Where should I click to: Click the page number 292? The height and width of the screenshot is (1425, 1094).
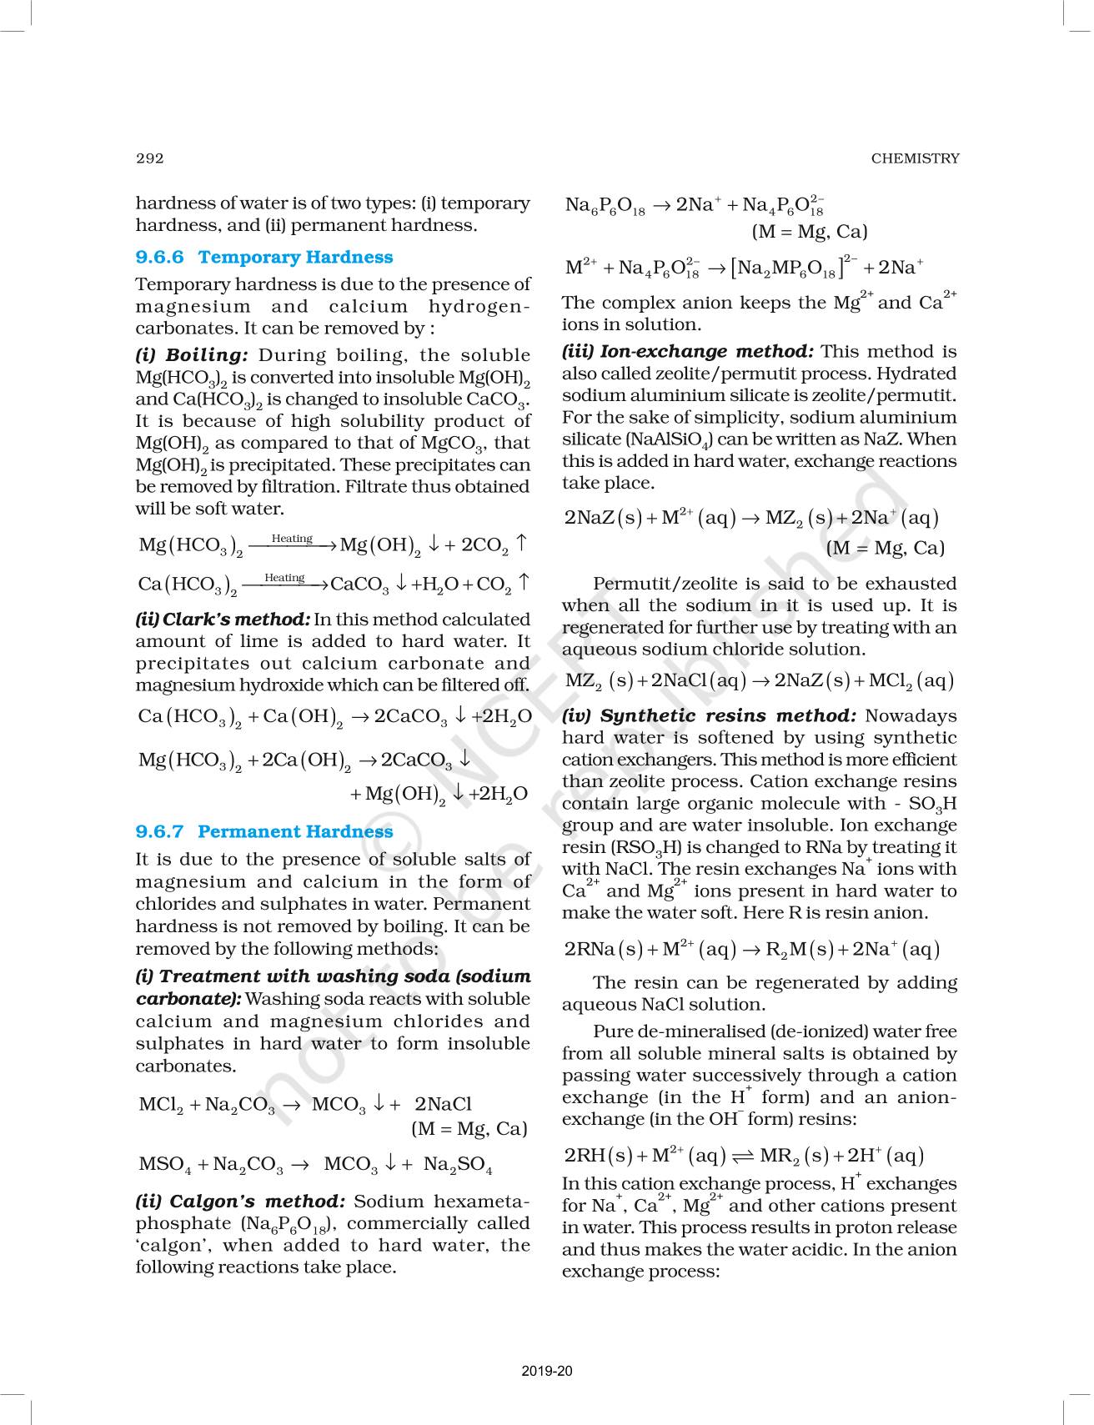click(150, 158)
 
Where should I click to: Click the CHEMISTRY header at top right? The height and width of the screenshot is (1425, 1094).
click(915, 158)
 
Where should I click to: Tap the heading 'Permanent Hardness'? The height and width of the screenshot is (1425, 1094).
click(295, 831)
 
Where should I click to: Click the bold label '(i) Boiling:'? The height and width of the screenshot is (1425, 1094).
click(192, 355)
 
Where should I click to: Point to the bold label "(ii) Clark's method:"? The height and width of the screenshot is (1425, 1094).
click(223, 620)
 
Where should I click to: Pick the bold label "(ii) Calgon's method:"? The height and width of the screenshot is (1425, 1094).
click(240, 1202)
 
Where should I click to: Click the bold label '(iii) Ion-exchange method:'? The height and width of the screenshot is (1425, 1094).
click(687, 352)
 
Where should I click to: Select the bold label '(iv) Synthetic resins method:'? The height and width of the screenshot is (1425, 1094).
click(709, 715)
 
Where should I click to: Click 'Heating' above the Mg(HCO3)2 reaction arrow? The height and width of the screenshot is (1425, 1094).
click(292, 539)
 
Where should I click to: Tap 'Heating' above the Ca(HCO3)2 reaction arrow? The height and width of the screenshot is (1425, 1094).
click(284, 578)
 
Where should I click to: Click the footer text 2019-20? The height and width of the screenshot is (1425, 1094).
click(547, 1371)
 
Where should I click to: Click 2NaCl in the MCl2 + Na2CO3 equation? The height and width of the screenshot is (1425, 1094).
click(443, 1104)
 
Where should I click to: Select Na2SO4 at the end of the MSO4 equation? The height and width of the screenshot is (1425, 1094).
click(458, 1164)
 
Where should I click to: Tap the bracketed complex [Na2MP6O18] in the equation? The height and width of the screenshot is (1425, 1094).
click(786, 268)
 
